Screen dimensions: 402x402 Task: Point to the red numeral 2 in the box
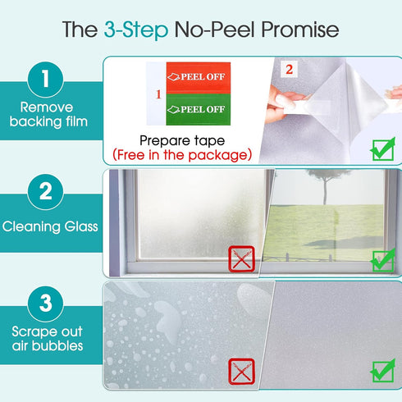tap(288, 70)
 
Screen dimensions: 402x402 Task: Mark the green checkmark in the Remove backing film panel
tap(382, 149)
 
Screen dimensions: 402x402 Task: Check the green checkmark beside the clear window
tap(382, 259)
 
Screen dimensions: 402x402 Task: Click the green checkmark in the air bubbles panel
tap(382, 370)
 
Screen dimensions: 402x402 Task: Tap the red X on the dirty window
tap(241, 260)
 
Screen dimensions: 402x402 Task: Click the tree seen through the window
tap(325, 184)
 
